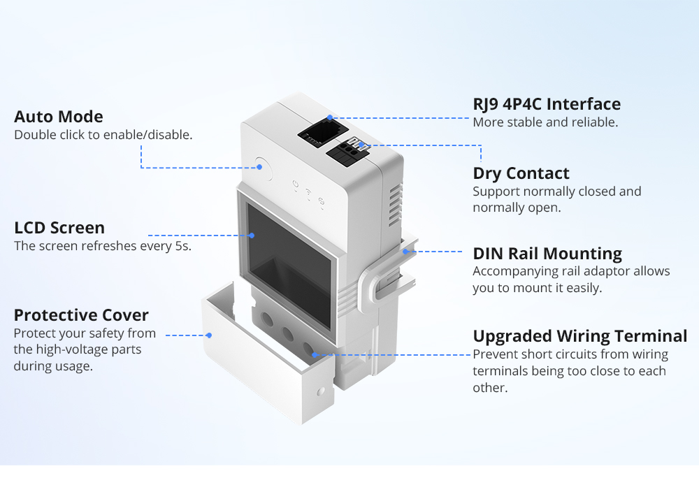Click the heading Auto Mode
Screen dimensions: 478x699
[59, 117]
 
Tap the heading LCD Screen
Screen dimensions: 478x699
[59, 228]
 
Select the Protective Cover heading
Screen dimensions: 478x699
[81, 315]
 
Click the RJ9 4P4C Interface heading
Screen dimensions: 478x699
[547, 104]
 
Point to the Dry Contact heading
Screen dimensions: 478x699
[521, 173]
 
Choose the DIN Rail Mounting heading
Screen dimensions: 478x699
[547, 253]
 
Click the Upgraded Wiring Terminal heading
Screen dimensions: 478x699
[580, 336]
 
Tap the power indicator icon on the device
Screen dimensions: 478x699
[296, 187]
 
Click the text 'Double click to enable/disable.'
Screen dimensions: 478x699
[103, 135]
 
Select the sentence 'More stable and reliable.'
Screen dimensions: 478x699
[545, 122]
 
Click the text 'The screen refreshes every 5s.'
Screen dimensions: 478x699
[103, 246]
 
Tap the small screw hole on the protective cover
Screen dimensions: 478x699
[321, 390]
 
